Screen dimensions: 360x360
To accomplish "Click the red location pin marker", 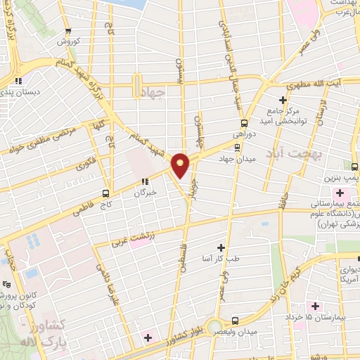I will [181, 165].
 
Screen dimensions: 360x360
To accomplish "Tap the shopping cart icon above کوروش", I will [68, 31].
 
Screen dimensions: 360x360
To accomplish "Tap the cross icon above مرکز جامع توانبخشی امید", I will [283, 100].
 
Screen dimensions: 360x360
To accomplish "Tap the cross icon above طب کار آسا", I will [221, 247].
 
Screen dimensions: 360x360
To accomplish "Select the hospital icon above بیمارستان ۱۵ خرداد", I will [314, 306].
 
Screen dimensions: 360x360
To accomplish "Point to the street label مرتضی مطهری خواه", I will [41, 141].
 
